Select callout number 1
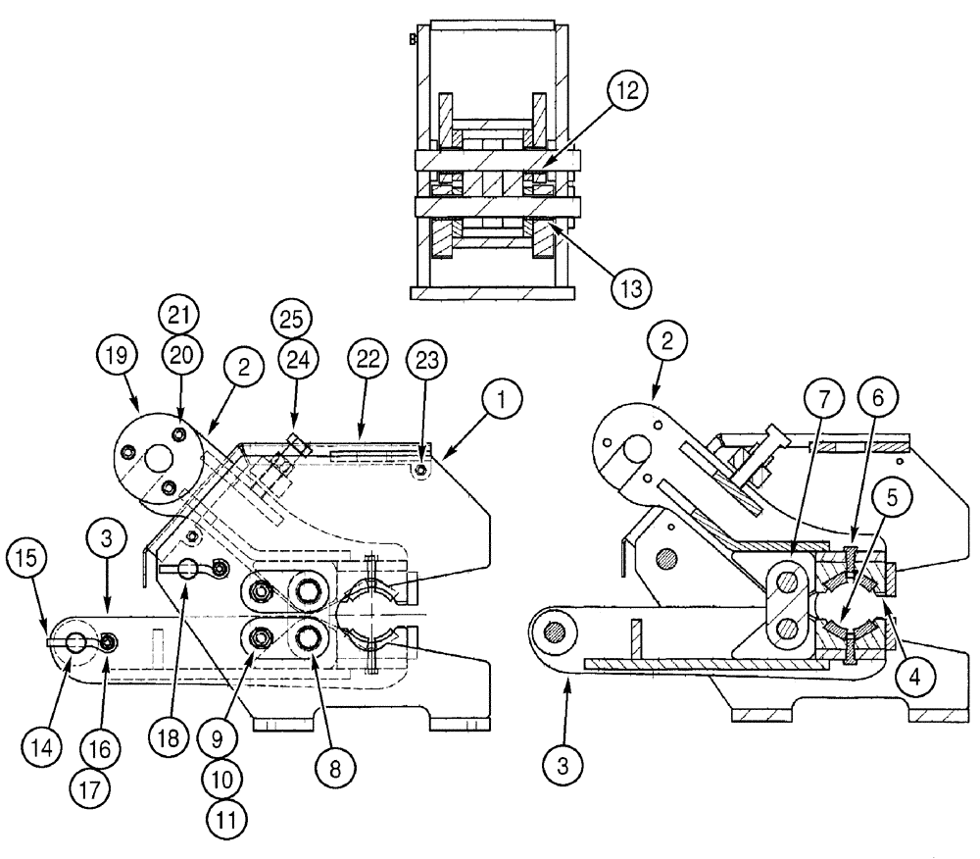[502, 398]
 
